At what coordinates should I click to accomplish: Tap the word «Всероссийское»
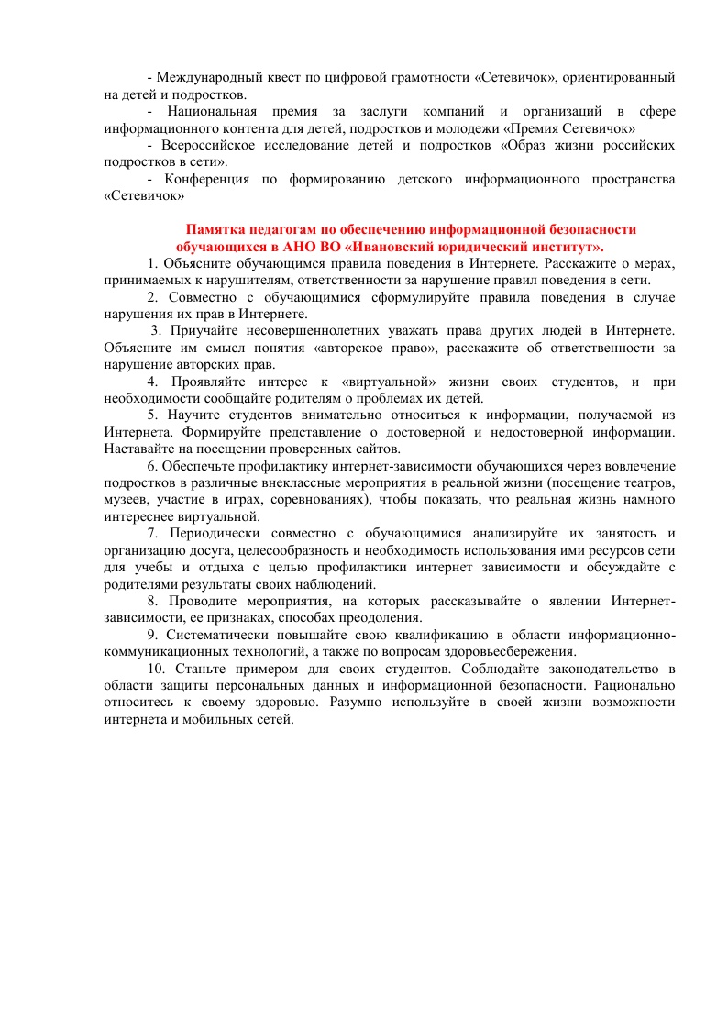pyautogui.click(x=209, y=146)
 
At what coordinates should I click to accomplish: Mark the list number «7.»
pyautogui.click(x=153, y=533)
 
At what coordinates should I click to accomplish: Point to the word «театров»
pyautogui.click(x=652, y=482)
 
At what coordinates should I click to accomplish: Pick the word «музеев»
pyautogui.click(x=124, y=500)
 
